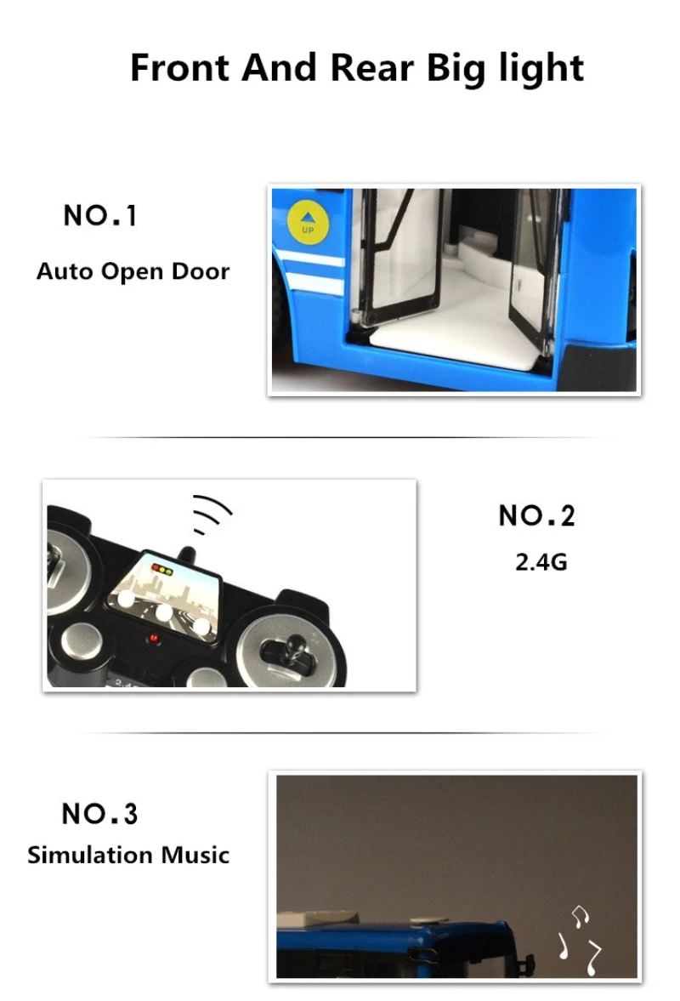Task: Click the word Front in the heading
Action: pyautogui.click(x=178, y=67)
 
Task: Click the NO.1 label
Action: pyautogui.click(x=100, y=216)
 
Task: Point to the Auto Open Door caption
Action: pyautogui.click(x=133, y=271)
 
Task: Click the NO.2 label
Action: pyautogui.click(x=536, y=516)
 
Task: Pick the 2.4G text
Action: pyautogui.click(x=541, y=562)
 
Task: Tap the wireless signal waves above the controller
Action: pyautogui.click(x=211, y=513)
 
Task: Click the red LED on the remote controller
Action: pyautogui.click(x=153, y=638)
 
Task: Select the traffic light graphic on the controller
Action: pyautogui.click(x=162, y=569)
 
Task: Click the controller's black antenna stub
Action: pyautogui.click(x=186, y=555)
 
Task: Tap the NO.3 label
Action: pyautogui.click(x=99, y=814)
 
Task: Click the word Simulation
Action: pyautogui.click(x=90, y=855)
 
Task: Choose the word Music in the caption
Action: pyautogui.click(x=195, y=855)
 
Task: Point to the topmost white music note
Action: pyautogui.click(x=579, y=915)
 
